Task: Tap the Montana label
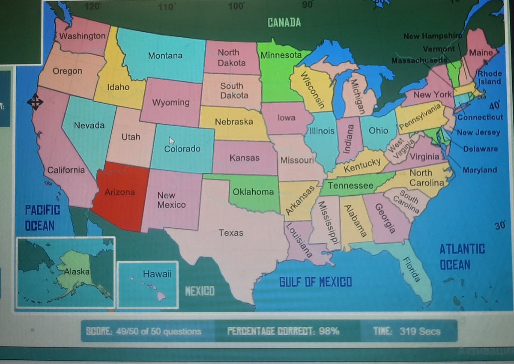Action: pyautogui.click(x=165, y=56)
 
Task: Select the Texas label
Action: pyautogui.click(x=231, y=233)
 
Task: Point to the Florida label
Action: pyautogui.click(x=411, y=270)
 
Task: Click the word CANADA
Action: pyautogui.click(x=284, y=23)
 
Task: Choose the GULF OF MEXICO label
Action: pyautogui.click(x=316, y=282)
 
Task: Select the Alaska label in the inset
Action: pyautogui.click(x=77, y=272)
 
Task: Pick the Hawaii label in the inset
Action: pyautogui.click(x=157, y=274)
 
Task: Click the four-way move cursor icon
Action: pyautogui.click(x=35, y=102)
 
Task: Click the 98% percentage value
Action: pyautogui.click(x=329, y=331)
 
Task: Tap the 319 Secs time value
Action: pyautogui.click(x=420, y=331)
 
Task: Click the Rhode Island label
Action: pyautogui.click(x=490, y=78)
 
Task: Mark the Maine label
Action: pyautogui.click(x=481, y=53)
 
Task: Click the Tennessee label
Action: pyautogui.click(x=350, y=185)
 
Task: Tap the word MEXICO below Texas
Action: pyautogui.click(x=200, y=291)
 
